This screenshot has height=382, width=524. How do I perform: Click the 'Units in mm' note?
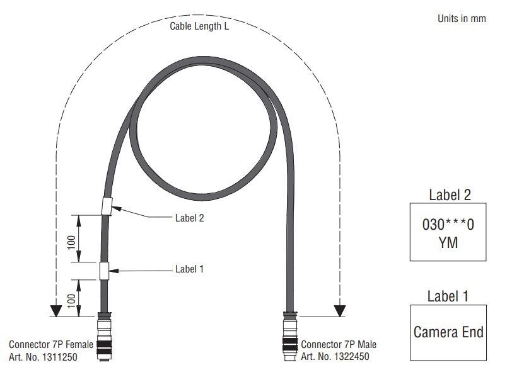(462, 18)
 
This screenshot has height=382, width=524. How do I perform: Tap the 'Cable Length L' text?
(199, 26)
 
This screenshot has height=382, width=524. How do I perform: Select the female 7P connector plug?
(104, 339)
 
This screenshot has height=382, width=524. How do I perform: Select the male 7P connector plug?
(289, 337)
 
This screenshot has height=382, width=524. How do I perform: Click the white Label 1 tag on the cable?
(103, 271)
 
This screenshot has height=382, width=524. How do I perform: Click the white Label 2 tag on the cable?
(107, 206)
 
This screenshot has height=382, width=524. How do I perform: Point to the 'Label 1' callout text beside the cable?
(189, 269)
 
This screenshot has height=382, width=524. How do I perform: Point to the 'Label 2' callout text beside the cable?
(189, 218)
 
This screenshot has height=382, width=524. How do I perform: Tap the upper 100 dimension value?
(71, 241)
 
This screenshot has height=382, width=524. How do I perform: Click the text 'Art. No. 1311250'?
(44, 357)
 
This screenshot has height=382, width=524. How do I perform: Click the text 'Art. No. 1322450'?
(335, 357)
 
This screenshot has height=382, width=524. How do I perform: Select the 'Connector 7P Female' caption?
(51, 344)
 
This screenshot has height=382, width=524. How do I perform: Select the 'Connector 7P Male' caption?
(339, 344)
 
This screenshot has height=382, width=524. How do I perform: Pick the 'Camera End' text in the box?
(448, 332)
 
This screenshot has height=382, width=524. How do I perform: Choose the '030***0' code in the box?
(448, 224)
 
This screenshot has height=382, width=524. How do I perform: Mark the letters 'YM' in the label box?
(448, 242)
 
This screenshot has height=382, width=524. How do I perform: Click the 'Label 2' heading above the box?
(450, 194)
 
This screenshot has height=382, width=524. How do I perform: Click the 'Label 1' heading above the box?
(448, 296)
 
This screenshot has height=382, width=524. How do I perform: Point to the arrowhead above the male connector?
(340, 311)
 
